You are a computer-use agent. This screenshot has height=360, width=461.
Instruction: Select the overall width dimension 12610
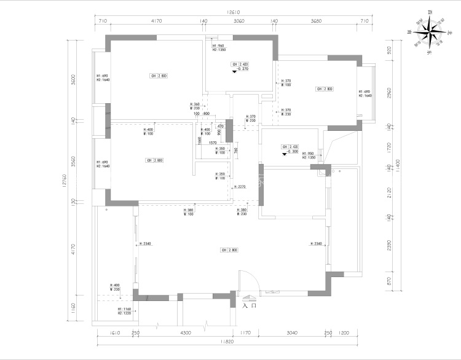point(233,11)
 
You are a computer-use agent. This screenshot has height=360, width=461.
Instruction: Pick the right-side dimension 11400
point(398,164)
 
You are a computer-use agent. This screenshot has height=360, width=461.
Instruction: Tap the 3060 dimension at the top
point(238,22)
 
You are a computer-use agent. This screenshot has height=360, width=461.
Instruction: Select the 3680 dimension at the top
point(316,22)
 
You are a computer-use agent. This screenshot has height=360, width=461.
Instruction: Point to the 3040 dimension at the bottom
point(292,333)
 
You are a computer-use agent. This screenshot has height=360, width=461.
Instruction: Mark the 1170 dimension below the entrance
point(246,333)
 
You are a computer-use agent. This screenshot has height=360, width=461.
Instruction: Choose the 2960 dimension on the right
point(388,93)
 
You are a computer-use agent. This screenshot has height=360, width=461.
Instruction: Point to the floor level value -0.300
point(293,152)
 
